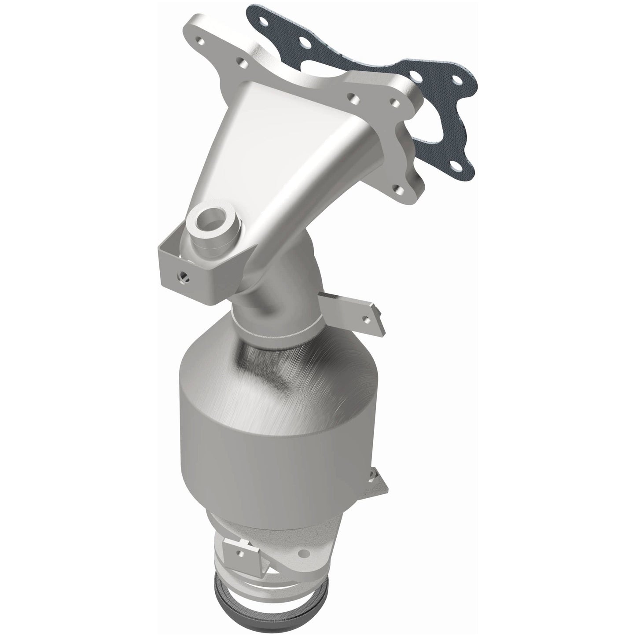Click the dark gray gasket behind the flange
445,132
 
